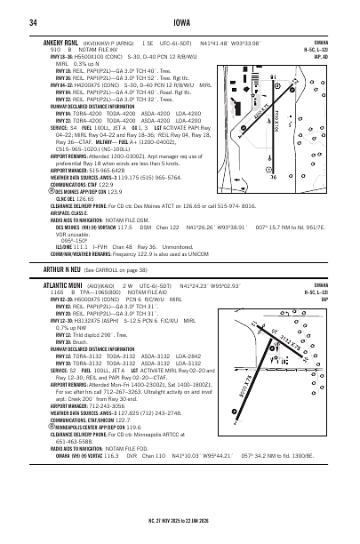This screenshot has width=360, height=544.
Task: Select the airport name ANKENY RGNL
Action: pyautogui.click(x=61, y=41)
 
